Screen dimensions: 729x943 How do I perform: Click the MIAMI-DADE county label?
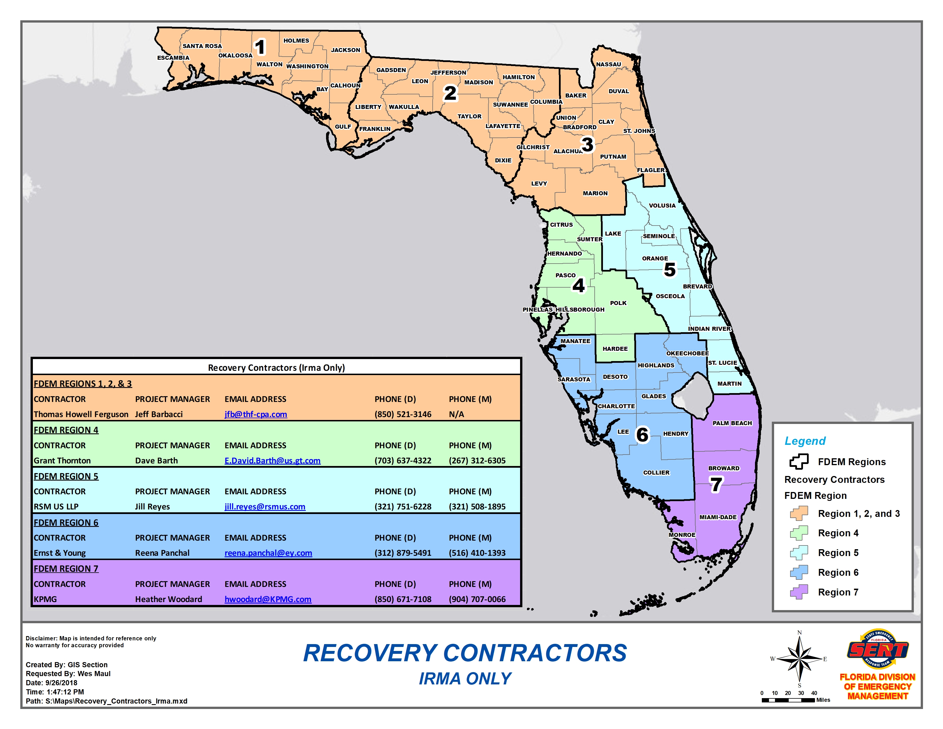pyautogui.click(x=718, y=517)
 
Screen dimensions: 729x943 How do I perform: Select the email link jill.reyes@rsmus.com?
pyautogui.click(x=265, y=507)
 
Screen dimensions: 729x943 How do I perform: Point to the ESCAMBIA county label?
pyautogui.click(x=173, y=57)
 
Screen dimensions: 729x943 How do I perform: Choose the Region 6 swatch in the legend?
pyautogui.click(x=799, y=572)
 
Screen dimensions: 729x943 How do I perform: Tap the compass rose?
pyautogui.click(x=799, y=659)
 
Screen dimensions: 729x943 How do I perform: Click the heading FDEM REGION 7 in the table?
pyautogui.click(x=66, y=569)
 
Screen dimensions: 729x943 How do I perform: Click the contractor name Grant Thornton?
pyautogui.click(x=62, y=460)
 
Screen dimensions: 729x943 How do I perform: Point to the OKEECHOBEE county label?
pyautogui.click(x=687, y=353)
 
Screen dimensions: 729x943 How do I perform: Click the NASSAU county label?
pyautogui.click(x=608, y=64)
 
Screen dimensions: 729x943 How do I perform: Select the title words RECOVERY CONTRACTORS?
pyautogui.click(x=465, y=653)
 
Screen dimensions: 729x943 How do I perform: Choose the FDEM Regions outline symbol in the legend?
pyautogui.click(x=799, y=462)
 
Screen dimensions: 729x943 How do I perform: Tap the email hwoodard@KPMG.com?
pyautogui.click(x=268, y=599)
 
